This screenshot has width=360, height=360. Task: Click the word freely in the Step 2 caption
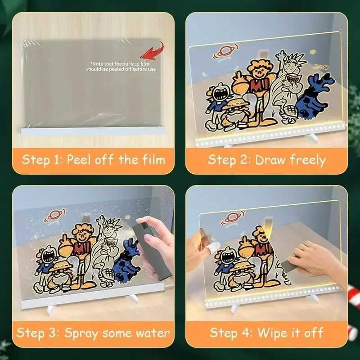click(x=309, y=160)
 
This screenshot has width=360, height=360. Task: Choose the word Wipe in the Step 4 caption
click(x=271, y=333)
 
